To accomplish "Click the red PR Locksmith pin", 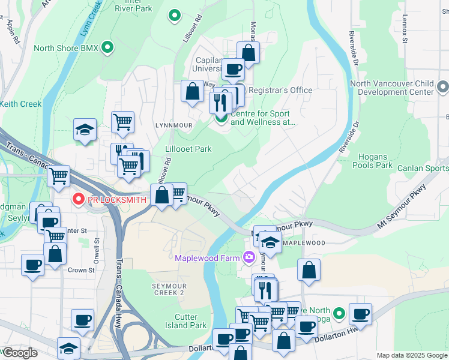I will (78, 199).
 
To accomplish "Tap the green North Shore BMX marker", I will (107, 47).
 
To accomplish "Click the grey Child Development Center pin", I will (442, 88).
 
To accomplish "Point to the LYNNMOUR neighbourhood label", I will (172, 125).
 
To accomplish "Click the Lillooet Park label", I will (188, 149).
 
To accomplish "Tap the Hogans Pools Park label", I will (372, 161).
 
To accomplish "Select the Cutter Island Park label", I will (190, 321).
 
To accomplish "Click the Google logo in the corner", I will (20, 353).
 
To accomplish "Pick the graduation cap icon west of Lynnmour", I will (85, 130).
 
